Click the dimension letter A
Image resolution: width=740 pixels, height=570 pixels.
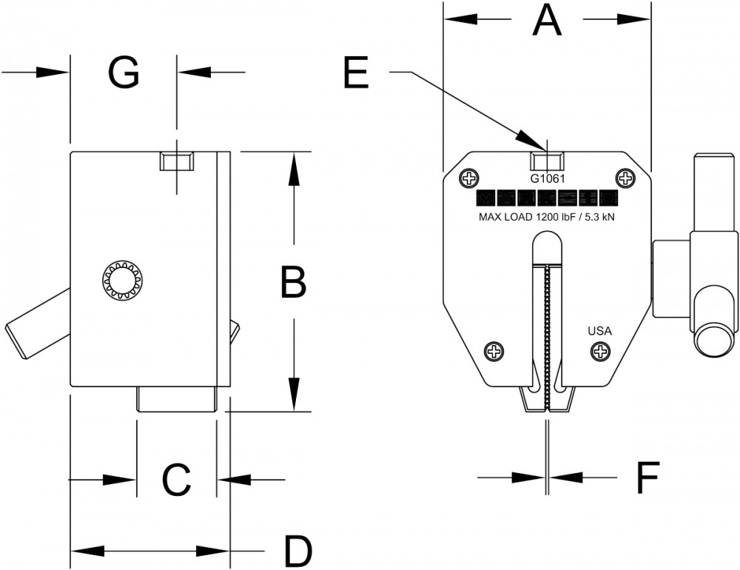point(547,21)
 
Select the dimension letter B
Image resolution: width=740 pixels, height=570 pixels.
point(294,282)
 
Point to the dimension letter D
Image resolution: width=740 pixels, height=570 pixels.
point(298,551)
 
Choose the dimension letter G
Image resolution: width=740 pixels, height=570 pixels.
point(124,73)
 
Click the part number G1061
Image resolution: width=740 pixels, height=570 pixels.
point(548,178)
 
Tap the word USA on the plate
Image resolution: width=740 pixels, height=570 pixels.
point(599,331)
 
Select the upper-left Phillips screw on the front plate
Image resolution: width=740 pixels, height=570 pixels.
point(468,178)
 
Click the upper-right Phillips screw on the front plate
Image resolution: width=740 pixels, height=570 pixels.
point(626,178)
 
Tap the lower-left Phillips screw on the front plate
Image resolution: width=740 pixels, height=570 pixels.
point(493,352)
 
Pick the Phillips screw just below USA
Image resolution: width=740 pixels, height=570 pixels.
point(600,352)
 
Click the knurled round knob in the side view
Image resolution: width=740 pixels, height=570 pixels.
point(121,281)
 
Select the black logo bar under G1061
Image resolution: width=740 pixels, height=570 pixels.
point(548,198)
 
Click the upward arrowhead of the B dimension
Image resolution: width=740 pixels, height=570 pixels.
point(294,167)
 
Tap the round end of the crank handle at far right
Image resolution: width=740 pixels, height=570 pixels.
point(711,341)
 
